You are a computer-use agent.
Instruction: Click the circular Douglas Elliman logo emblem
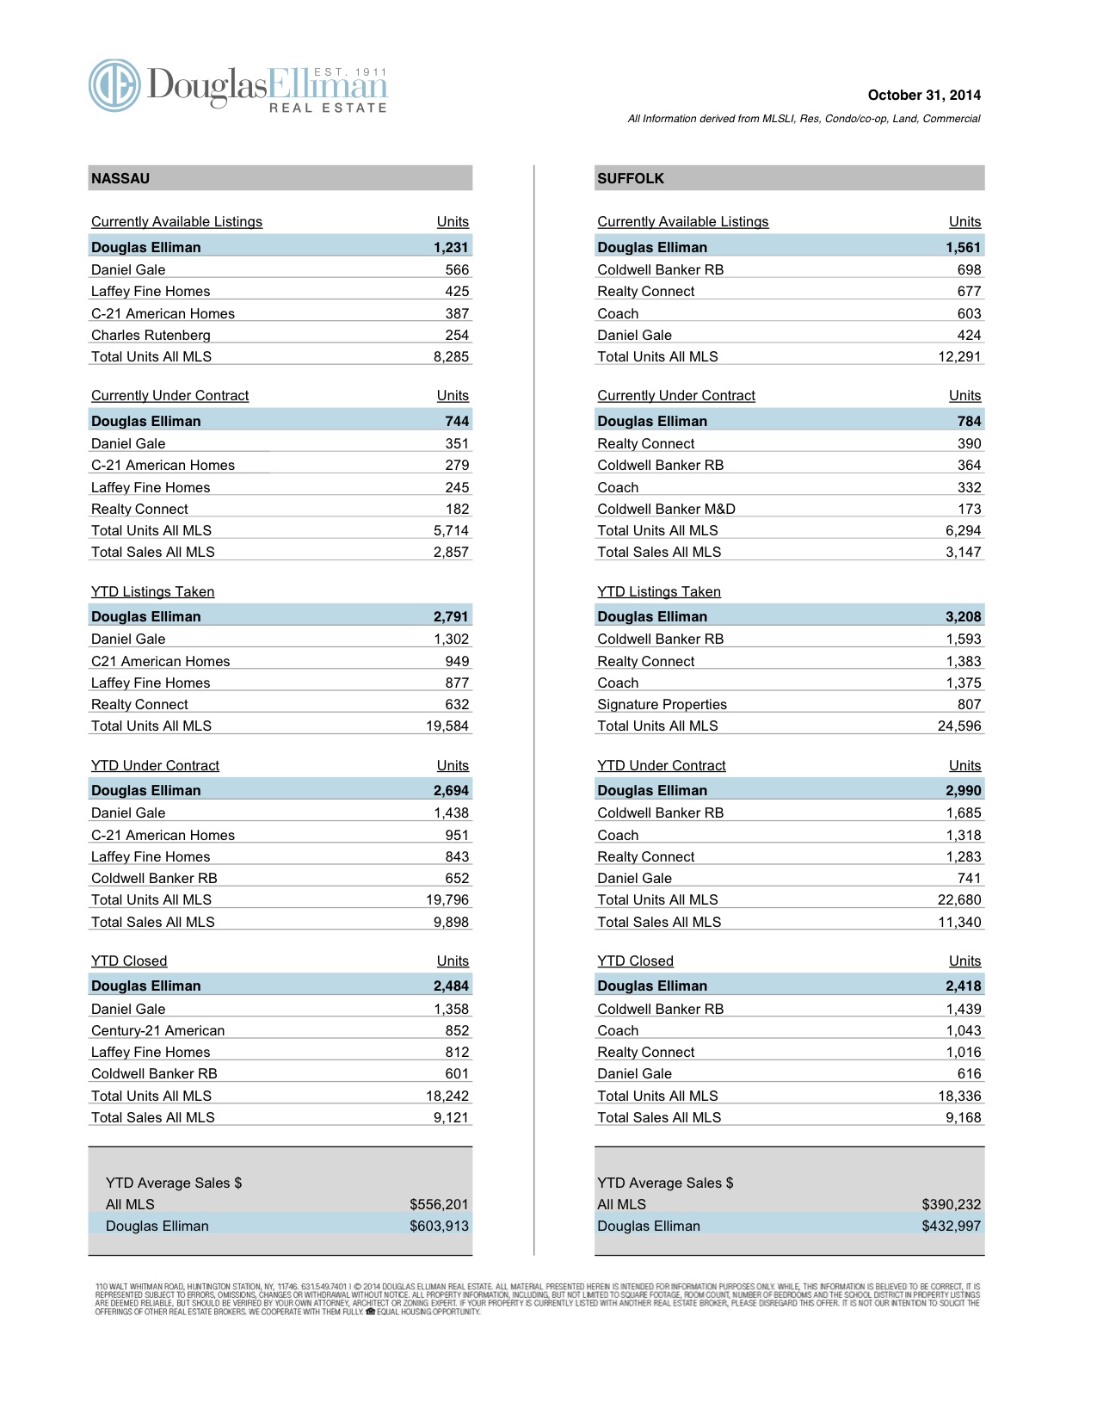(x=114, y=85)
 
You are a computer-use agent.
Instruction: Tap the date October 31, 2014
(x=923, y=96)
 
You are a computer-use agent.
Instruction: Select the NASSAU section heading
(x=120, y=178)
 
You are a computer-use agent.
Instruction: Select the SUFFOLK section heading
(x=631, y=178)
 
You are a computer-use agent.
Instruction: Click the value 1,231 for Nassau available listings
(x=451, y=247)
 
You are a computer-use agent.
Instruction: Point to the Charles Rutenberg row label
(x=151, y=335)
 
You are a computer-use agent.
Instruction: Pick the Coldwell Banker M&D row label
(x=666, y=509)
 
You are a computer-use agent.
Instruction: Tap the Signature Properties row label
(x=662, y=704)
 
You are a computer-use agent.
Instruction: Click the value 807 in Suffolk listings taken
(x=969, y=704)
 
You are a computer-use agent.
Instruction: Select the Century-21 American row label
(x=157, y=1030)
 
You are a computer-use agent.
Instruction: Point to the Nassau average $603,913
(x=439, y=1226)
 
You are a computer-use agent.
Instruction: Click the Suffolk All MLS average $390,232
(x=951, y=1204)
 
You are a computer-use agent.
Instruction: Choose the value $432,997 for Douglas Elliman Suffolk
(x=951, y=1226)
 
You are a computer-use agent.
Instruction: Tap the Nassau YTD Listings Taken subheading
(x=152, y=591)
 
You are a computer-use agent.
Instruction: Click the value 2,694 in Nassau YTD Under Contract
(x=451, y=790)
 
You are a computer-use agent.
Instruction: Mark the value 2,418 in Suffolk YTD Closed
(x=963, y=985)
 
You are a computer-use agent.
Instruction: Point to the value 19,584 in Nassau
(x=447, y=726)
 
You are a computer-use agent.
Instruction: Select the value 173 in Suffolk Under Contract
(x=969, y=509)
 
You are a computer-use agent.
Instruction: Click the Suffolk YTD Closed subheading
(x=635, y=961)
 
